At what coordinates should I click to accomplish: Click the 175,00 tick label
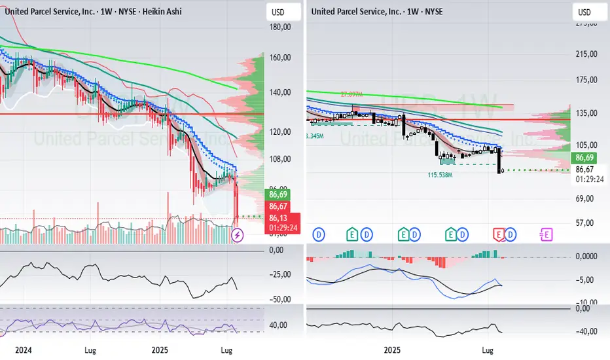586,80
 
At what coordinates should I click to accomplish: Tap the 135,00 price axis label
586,113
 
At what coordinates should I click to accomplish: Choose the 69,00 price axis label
586,197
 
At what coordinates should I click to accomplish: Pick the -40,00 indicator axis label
586,331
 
